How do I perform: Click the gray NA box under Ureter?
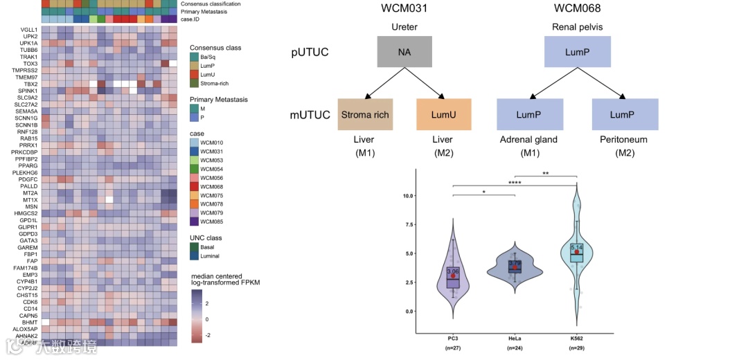click(x=404, y=52)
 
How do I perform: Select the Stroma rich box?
click(x=364, y=115)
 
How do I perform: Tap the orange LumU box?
click(x=443, y=115)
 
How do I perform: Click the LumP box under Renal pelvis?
click(x=577, y=52)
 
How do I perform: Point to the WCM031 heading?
click(x=404, y=8)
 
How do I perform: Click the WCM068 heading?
click(x=577, y=8)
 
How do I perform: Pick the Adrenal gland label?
click(x=529, y=140)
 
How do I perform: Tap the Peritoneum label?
click(x=624, y=140)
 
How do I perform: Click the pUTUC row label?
click(x=310, y=52)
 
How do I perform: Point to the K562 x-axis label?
click(x=576, y=338)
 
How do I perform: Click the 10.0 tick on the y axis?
click(x=408, y=196)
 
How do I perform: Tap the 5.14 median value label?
click(x=577, y=247)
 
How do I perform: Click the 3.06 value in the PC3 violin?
click(x=453, y=271)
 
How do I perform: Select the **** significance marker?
click(x=514, y=182)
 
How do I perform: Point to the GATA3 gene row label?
click(x=29, y=240)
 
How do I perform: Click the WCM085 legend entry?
click(x=211, y=222)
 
